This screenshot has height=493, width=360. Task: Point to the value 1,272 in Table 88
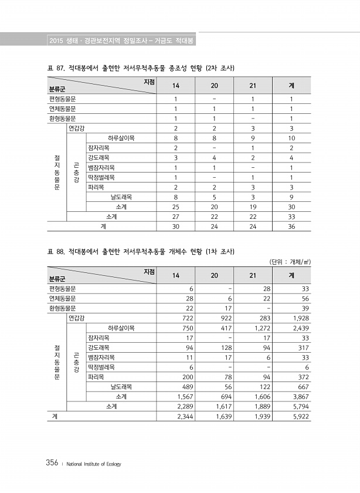[260, 327]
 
